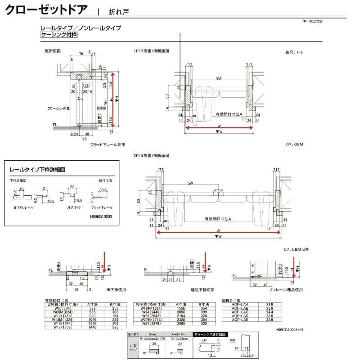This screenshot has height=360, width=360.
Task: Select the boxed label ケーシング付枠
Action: tap(58, 35)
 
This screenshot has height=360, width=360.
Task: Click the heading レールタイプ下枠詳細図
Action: tap(38, 170)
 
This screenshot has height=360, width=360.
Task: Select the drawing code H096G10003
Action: tap(98, 216)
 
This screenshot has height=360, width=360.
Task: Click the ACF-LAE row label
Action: tap(238, 320)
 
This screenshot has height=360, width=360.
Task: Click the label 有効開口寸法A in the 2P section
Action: tap(217, 218)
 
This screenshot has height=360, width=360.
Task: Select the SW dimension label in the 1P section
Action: tap(219, 79)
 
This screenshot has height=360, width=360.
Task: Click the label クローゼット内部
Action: tap(57, 108)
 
